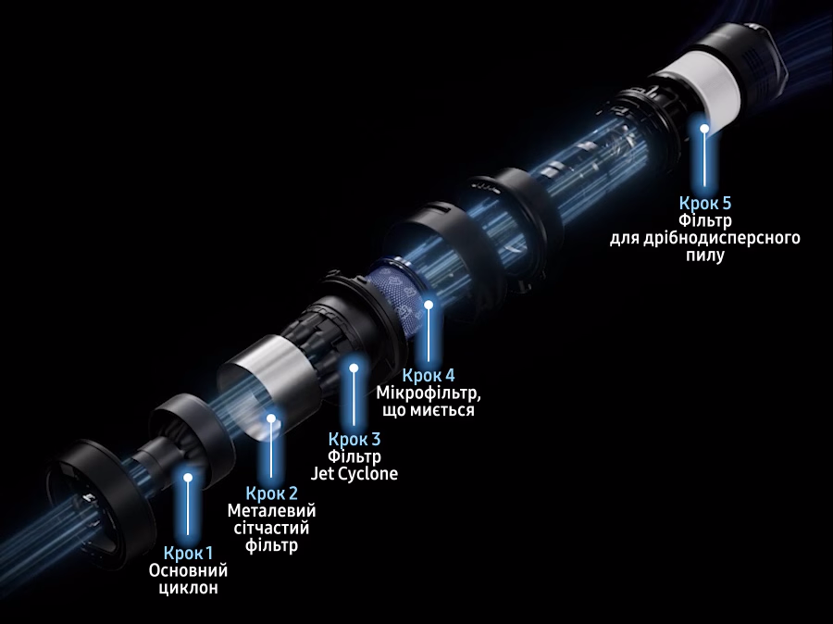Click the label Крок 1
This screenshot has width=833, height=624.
188,554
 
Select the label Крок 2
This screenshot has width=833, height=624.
271,493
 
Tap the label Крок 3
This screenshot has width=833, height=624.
354,439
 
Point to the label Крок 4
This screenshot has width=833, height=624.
429,375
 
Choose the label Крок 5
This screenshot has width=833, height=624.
705,203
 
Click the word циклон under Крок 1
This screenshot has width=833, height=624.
188,589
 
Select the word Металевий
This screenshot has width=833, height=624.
271,511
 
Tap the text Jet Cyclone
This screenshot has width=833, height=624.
354,474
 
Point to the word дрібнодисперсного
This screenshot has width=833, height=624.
721,238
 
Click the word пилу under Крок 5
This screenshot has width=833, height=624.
705,256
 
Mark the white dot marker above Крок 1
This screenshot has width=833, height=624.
188,478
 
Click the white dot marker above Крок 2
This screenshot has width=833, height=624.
271,418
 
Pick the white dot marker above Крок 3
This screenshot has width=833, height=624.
354,368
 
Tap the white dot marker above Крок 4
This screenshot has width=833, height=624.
429,305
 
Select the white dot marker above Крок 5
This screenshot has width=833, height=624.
704,128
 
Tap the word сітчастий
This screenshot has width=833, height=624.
271,529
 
